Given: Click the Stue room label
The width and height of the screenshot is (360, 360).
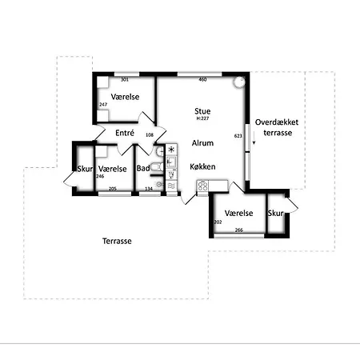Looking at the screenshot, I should pyautogui.click(x=202, y=111).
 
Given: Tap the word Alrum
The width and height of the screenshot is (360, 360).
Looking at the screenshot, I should pyautogui.click(x=202, y=142).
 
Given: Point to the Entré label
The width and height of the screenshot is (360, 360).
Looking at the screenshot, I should pyautogui.click(x=124, y=133).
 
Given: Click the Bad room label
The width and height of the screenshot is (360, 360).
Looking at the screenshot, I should pyautogui.click(x=142, y=168).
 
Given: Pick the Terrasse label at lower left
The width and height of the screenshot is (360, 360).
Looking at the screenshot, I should pyautogui.click(x=117, y=241).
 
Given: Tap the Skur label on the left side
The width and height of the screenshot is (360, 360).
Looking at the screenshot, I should pyautogui.click(x=85, y=169).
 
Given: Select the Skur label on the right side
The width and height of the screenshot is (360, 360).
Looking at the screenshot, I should pyautogui.click(x=276, y=213).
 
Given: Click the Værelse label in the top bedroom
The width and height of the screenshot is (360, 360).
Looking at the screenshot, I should pyautogui.click(x=126, y=96).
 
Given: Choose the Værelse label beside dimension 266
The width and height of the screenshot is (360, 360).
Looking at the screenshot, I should pyautogui.click(x=239, y=213).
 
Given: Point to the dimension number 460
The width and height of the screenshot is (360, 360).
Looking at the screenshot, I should pyautogui.click(x=202, y=79).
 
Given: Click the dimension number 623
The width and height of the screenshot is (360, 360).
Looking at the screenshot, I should pyautogui.click(x=238, y=136).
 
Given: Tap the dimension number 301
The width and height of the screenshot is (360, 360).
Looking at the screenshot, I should pyautogui.click(x=124, y=80).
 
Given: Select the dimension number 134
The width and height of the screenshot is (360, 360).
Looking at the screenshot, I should pyautogui.click(x=148, y=189).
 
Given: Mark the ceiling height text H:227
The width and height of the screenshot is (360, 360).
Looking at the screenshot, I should pyautogui.click(x=202, y=118).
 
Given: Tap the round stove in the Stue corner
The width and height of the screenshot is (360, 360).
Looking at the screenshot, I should pyautogui.click(x=238, y=82).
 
